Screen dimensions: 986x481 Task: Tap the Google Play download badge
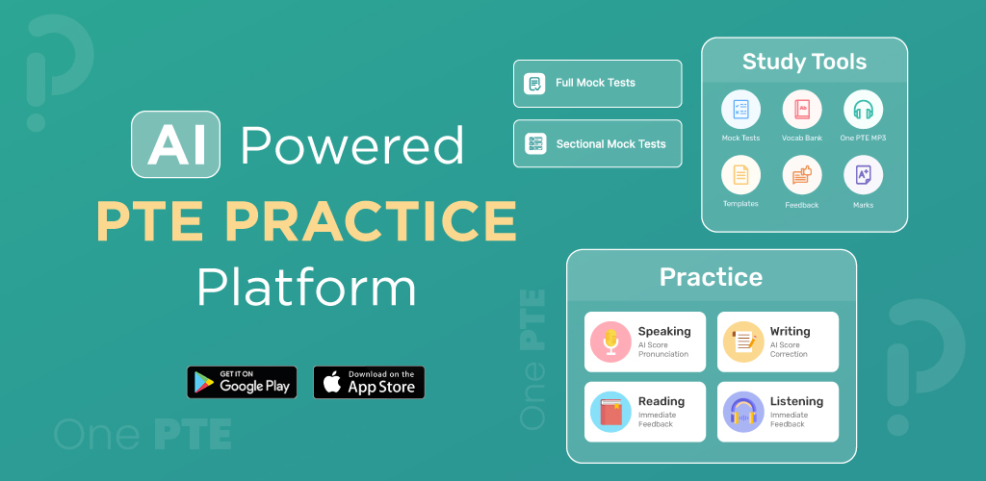pyautogui.click(x=242, y=383)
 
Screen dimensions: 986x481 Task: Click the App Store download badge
pyautogui.click(x=369, y=383)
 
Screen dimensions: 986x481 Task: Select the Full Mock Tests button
pyautogui.click(x=597, y=84)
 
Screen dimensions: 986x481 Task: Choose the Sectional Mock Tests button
pyautogui.click(x=597, y=143)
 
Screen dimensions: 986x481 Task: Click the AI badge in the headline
pyautogui.click(x=175, y=144)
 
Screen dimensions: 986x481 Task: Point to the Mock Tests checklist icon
pyautogui.click(x=740, y=110)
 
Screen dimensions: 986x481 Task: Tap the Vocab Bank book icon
pyautogui.click(x=802, y=110)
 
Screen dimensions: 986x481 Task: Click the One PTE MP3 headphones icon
pyautogui.click(x=863, y=110)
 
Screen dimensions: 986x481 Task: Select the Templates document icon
pyautogui.click(x=740, y=174)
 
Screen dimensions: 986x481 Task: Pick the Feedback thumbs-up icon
pyautogui.click(x=802, y=174)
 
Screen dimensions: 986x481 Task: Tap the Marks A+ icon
pyautogui.click(x=863, y=174)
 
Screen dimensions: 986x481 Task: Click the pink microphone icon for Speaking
pyautogui.click(x=610, y=342)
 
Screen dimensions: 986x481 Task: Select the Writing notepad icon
pyautogui.click(x=743, y=342)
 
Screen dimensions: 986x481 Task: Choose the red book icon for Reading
pyautogui.click(x=610, y=412)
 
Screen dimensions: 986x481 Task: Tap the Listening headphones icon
pyautogui.click(x=743, y=412)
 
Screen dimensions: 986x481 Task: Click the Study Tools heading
pyautogui.click(x=804, y=62)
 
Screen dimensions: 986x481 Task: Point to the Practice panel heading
pyautogui.click(x=711, y=277)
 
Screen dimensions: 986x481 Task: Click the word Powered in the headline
pyautogui.click(x=352, y=145)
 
